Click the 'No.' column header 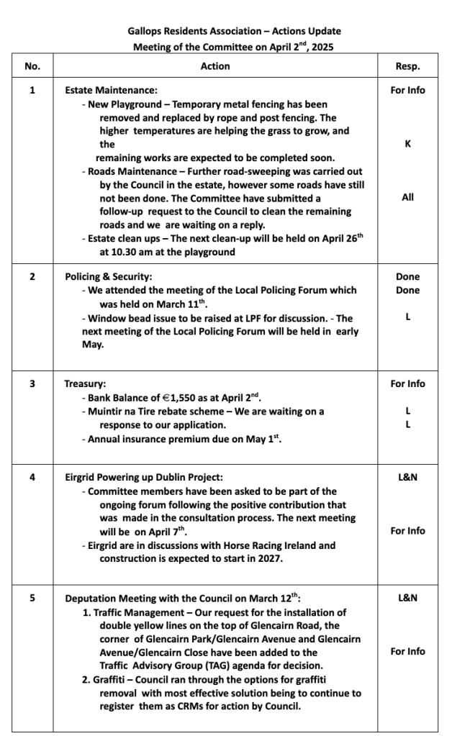click(32, 66)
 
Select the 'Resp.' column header click(407, 66)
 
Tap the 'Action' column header click(215, 66)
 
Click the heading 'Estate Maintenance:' click(111, 91)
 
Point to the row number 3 click(32, 383)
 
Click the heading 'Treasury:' click(86, 383)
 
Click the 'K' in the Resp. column click(407, 144)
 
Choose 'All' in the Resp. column click(407, 197)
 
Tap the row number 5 click(32, 598)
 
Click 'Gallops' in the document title click(144, 32)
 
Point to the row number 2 click(32, 276)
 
